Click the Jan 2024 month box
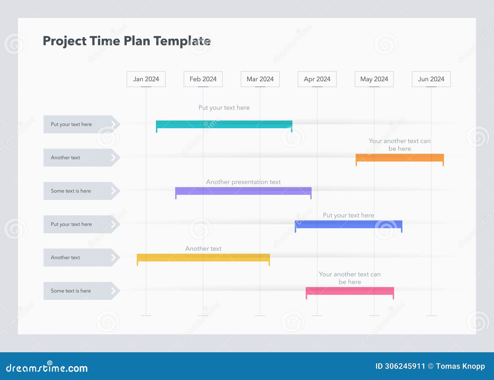[146, 79]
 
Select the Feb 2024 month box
[203, 79]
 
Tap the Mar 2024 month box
[260, 79]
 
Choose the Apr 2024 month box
[317, 79]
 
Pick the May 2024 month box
[374, 79]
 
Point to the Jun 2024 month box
[431, 79]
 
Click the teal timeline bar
[224, 124]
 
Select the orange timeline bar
[400, 157]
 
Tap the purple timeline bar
[243, 191]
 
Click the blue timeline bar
[348, 224]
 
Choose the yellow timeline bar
[203, 257]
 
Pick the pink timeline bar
[350, 291]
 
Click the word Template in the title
[182, 41]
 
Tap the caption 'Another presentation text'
[243, 182]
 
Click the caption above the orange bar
[400, 145]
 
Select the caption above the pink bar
[350, 278]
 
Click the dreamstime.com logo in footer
[47, 367]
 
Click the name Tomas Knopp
[460, 366]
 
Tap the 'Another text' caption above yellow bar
[203, 248]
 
